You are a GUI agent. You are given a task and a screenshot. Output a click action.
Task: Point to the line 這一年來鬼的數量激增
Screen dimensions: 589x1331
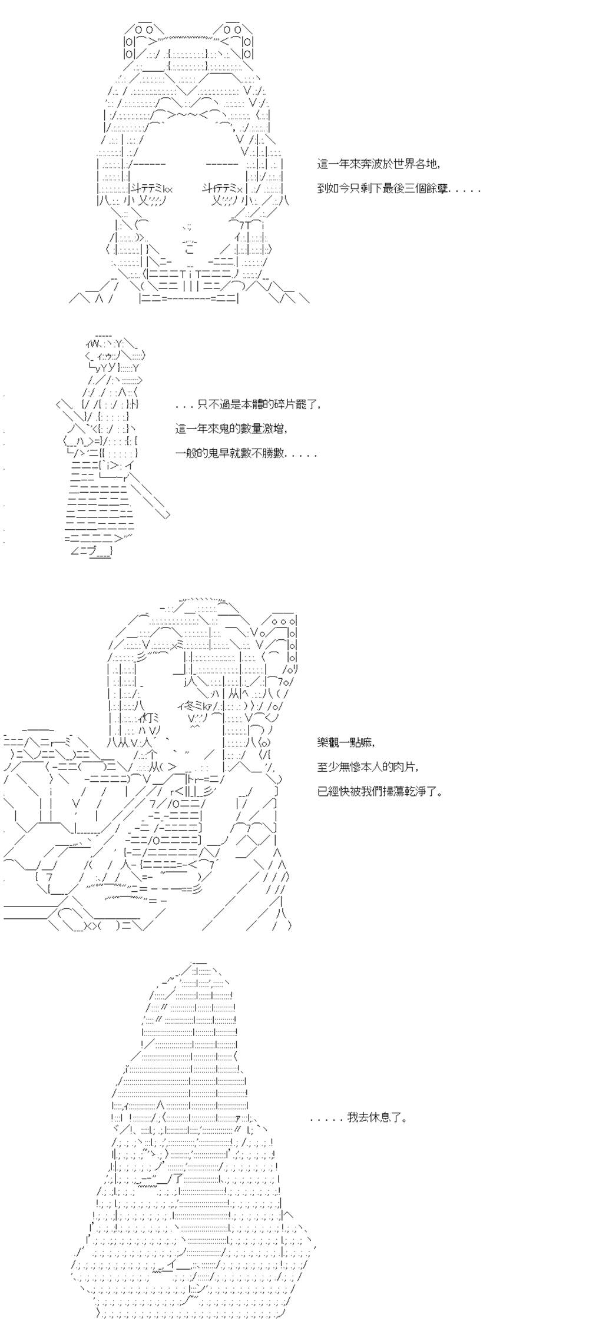point(231,429)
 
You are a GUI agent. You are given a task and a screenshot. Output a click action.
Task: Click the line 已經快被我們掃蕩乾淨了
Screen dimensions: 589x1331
point(380,791)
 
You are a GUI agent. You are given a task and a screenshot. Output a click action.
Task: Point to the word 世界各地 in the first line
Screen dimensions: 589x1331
point(416,164)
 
